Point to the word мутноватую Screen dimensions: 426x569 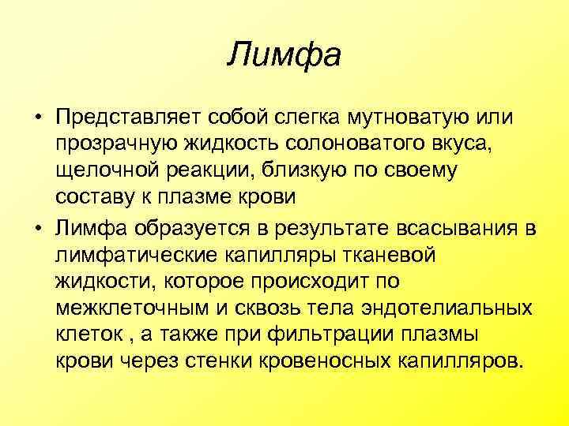click(415, 118)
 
